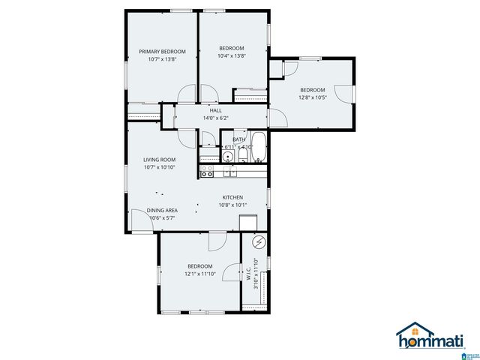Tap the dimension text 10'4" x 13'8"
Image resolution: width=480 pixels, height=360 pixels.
pos(232,55)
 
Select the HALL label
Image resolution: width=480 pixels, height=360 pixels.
pos(216,110)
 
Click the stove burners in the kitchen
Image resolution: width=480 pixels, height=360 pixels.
pos(207,172)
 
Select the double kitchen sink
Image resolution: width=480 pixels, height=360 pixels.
pos(229,172)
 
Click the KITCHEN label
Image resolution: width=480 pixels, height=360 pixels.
pos(232,197)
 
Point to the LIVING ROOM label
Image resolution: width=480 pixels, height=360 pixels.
pos(159,159)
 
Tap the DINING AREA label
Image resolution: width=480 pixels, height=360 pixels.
pos(161,210)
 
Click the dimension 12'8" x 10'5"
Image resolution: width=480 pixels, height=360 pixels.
pos(313,97)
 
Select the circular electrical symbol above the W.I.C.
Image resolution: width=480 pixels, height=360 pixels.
pos(259,242)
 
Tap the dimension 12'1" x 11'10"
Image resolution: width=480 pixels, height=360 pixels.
pos(199,274)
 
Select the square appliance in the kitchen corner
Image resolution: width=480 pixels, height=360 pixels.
pos(248,222)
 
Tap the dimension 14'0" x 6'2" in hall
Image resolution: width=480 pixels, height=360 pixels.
pos(215,118)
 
